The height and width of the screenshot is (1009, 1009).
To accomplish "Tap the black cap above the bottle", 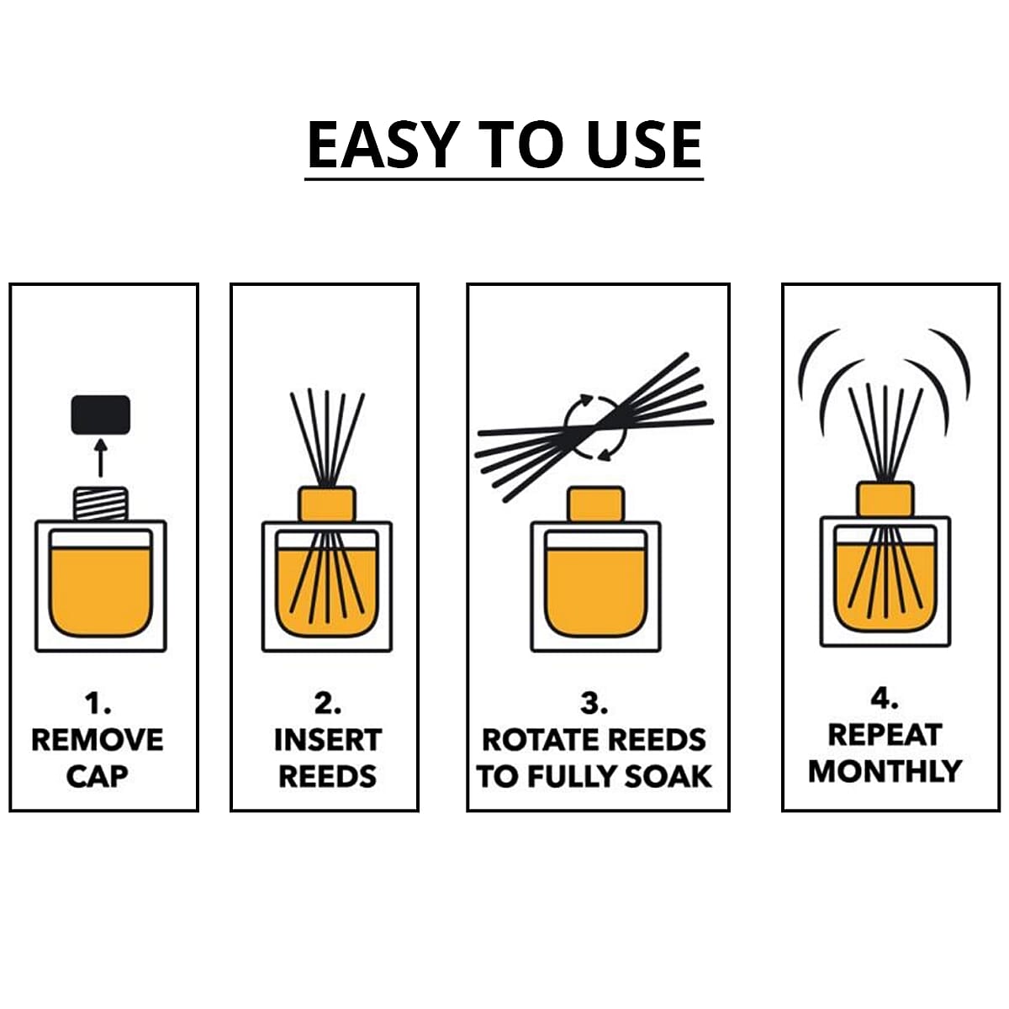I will [100, 415].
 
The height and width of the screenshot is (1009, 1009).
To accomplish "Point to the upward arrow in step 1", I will [101, 457].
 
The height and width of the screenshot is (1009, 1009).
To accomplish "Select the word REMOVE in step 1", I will [98, 740].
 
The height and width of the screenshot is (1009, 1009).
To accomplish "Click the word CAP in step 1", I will [98, 776].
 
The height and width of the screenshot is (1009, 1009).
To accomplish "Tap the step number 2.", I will [327, 703].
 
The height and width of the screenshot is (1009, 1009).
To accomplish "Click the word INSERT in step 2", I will [327, 740].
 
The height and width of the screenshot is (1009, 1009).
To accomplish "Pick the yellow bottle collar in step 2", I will [327, 504].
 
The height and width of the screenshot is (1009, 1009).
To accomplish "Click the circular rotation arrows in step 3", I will [595, 427].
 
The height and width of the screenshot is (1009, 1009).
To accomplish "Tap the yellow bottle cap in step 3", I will [595, 504].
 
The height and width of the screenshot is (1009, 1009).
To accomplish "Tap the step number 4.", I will [885, 699].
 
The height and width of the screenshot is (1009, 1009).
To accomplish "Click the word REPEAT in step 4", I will [885, 735].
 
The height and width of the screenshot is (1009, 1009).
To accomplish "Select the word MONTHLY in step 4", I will [885, 771].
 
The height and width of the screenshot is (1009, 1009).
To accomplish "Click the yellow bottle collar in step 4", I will [885, 499].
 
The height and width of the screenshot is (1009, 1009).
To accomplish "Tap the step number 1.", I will [98, 703].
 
